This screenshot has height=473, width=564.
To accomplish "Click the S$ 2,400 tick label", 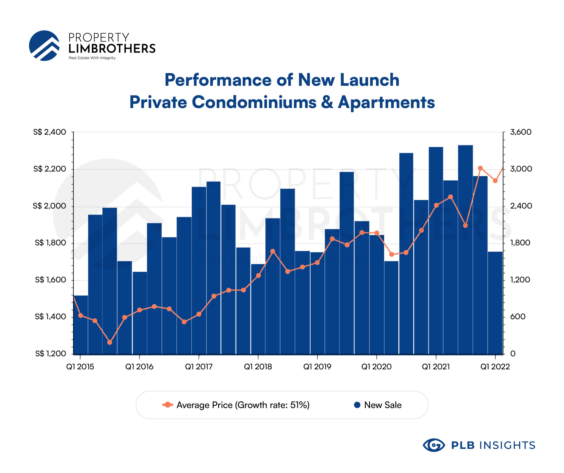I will (x=49, y=132).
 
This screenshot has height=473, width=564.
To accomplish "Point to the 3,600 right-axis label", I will (x=520, y=132).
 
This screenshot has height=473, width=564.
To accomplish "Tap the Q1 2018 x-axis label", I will (x=258, y=367).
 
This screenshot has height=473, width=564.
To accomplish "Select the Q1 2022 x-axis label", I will (x=495, y=367).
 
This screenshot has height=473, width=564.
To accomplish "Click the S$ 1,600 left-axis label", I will (x=51, y=280).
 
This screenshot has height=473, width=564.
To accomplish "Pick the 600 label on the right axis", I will (x=518, y=317).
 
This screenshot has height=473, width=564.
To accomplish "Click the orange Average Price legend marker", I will (x=168, y=405).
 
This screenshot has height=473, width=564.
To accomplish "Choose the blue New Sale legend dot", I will (x=357, y=405).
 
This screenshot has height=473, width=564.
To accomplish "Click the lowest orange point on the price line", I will (x=110, y=342).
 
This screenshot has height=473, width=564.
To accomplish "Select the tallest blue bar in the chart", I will (x=465, y=250).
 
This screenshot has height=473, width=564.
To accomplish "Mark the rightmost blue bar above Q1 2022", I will (x=495, y=303).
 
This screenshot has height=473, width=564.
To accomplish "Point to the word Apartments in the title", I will (x=386, y=102).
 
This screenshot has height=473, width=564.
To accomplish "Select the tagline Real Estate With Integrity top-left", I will (x=92, y=58).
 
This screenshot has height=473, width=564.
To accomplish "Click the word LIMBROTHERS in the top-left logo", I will (x=112, y=49).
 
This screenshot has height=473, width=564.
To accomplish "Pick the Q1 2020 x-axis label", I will (x=376, y=367).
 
